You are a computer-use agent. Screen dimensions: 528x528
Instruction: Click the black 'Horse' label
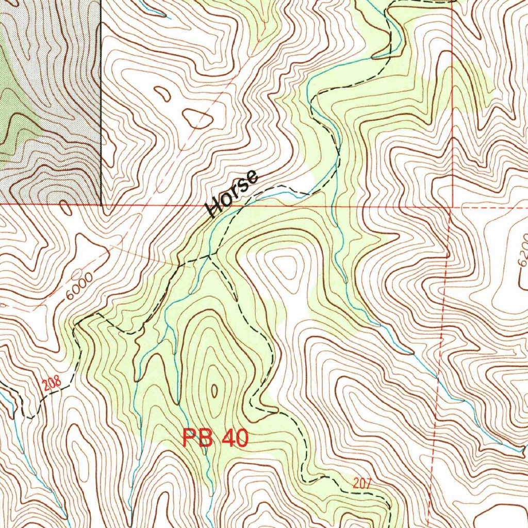tap(232, 193)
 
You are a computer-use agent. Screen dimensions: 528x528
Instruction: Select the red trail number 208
tap(52, 383)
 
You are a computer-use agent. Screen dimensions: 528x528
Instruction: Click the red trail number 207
tap(362, 483)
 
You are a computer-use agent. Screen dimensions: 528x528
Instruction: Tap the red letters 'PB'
tap(198, 439)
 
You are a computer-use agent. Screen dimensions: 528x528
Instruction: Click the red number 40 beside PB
tap(235, 439)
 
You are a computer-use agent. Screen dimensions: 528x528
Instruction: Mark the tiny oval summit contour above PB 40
tap(214, 391)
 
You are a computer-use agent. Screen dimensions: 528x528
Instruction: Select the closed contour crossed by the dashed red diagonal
tap(198, 119)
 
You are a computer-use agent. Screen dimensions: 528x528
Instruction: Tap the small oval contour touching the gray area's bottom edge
tap(65, 208)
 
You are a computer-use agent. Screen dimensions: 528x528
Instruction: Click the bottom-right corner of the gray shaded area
tap(101, 204)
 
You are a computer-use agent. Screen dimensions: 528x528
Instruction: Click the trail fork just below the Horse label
tap(210, 254)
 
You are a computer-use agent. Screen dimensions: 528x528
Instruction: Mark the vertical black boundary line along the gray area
tap(101, 103)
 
